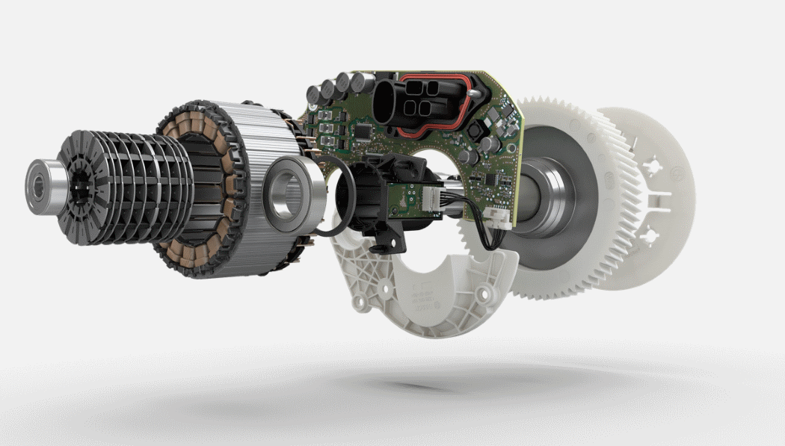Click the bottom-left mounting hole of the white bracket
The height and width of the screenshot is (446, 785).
[363, 302]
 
